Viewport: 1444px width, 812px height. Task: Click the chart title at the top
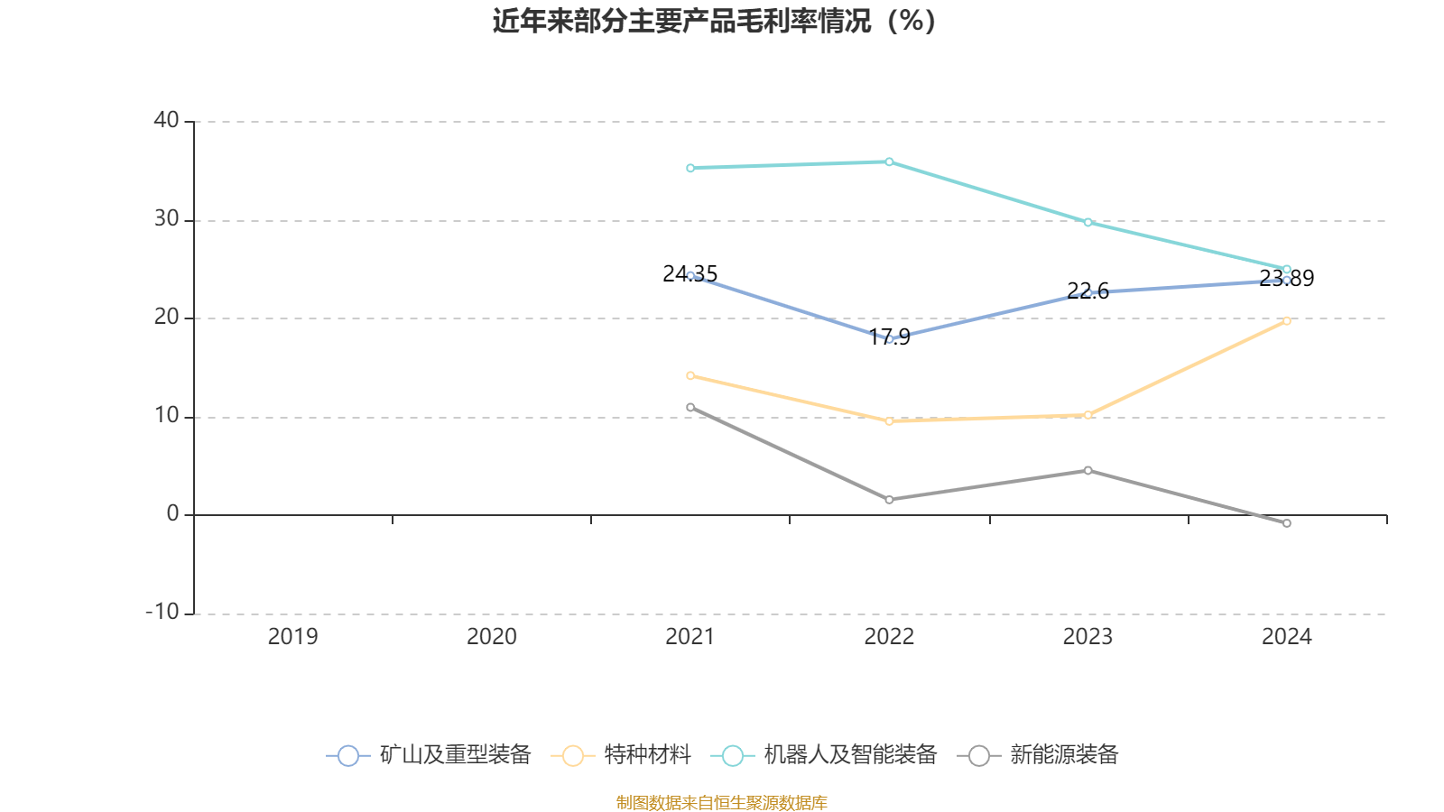click(x=714, y=21)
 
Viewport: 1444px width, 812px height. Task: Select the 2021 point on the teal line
click(x=690, y=168)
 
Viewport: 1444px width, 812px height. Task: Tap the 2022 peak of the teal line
click(x=889, y=162)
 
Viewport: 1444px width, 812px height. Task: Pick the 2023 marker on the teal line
click(x=1088, y=222)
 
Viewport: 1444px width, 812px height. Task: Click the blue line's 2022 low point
click(x=889, y=339)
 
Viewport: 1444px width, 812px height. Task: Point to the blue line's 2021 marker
click(x=690, y=275)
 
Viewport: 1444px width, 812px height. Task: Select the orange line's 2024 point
click(x=1286, y=320)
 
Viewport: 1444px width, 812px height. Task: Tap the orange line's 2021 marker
click(x=690, y=375)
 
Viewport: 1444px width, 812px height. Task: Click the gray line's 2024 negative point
click(x=1286, y=523)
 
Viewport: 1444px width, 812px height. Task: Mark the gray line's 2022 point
click(x=889, y=500)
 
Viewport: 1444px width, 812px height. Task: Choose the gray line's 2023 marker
click(x=1088, y=470)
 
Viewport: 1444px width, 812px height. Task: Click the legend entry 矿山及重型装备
click(x=430, y=755)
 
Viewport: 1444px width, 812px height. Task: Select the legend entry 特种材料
click(x=622, y=755)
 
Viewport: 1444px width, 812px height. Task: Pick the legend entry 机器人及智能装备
click(x=825, y=755)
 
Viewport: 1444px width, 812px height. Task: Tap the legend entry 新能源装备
click(x=1043, y=755)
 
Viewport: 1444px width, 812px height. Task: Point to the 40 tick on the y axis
click(x=166, y=120)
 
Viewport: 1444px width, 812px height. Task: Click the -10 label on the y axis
click(x=162, y=612)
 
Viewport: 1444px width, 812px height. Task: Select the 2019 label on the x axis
click(x=292, y=637)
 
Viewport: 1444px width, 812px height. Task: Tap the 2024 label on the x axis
click(x=1286, y=637)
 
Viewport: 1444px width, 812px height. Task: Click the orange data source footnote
click(x=721, y=802)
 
